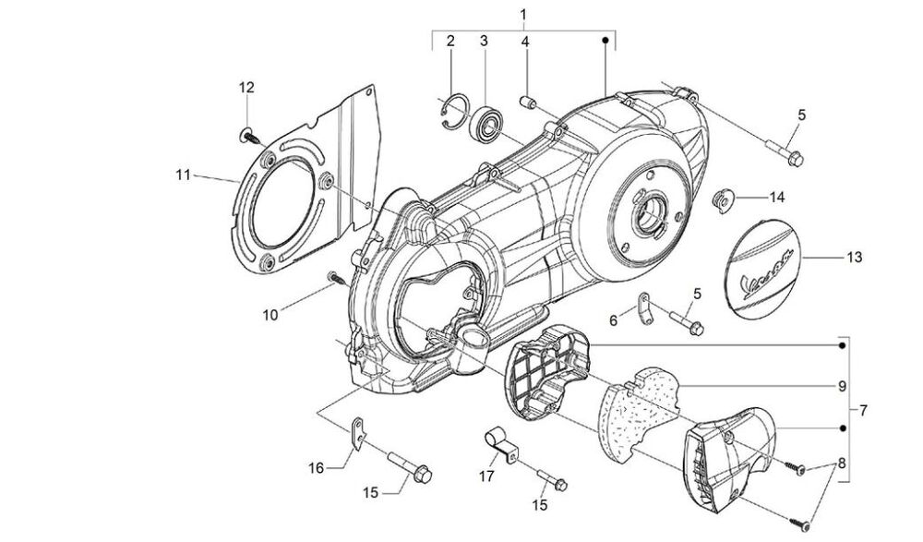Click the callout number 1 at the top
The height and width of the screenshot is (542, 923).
tap(523, 14)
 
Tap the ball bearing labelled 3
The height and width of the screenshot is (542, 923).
tap(486, 124)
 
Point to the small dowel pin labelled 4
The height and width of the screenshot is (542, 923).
tap(527, 102)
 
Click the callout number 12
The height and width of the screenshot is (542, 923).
tap(246, 88)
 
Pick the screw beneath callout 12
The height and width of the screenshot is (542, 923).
tap(249, 137)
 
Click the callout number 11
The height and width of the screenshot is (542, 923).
tap(183, 175)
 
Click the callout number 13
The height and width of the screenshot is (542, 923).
tap(854, 258)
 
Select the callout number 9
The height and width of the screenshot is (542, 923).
tap(843, 387)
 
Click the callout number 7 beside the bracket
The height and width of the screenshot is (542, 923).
tap(863, 410)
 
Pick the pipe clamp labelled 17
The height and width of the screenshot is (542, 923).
tap(500, 445)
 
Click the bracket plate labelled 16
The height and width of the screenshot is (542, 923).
tap(358, 433)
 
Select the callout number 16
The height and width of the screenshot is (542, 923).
tap(316, 468)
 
